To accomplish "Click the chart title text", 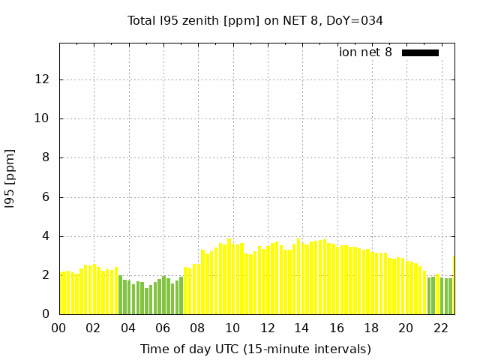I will [255, 20].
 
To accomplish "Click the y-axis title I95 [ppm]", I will [10, 177].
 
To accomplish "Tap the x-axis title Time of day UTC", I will [255, 349].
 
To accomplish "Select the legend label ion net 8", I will [365, 52].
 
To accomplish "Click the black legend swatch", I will [420, 52].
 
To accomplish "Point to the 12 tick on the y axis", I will [44, 79].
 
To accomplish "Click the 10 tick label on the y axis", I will [44, 118].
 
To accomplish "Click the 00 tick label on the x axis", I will [59, 328].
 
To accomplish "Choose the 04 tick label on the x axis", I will [128, 328].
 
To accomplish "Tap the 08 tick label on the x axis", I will [197, 328].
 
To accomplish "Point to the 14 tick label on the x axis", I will [301, 328].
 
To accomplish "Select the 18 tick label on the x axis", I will [370, 328].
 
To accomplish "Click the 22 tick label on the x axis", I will [440, 328].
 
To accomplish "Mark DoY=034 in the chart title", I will [355, 20].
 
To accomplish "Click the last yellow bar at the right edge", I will [454, 285].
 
